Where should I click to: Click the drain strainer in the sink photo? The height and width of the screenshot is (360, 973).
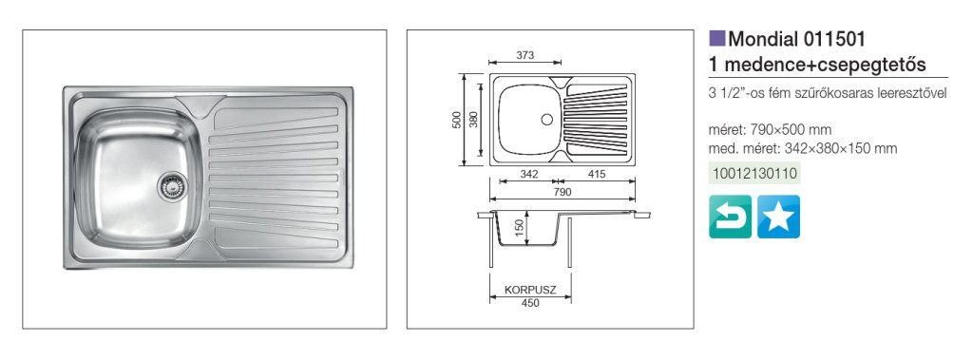click(x=168, y=185)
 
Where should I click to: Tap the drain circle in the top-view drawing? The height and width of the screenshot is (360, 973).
click(x=546, y=119)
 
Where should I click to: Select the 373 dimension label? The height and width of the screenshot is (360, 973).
click(x=525, y=55)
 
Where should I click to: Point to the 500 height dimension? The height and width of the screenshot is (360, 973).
click(x=456, y=120)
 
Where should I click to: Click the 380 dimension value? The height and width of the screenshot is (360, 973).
click(x=473, y=120)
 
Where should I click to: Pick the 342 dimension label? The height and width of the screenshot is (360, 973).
click(x=528, y=174)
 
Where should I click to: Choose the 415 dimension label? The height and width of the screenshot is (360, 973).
click(x=596, y=174)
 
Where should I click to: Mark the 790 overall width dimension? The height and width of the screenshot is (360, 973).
click(x=562, y=192)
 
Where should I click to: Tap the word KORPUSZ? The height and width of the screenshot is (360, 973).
click(x=529, y=290)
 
